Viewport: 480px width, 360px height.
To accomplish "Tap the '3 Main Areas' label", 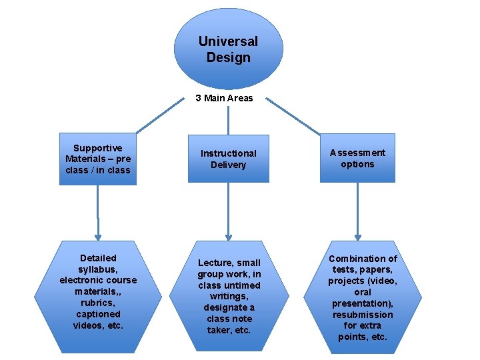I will (x=224, y=98).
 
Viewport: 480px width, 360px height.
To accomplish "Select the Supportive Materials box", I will (x=98, y=159).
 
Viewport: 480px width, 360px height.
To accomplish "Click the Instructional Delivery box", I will (x=228, y=159).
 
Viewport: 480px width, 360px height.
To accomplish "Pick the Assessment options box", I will (x=357, y=159).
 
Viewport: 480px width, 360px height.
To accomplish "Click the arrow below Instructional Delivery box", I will (x=229, y=211).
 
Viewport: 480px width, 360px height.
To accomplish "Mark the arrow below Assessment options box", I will (x=358, y=211).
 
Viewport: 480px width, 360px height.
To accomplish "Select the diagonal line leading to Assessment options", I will (x=293, y=116).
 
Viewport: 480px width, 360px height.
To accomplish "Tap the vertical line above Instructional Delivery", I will (x=229, y=120).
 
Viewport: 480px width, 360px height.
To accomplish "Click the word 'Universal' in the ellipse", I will (x=228, y=41).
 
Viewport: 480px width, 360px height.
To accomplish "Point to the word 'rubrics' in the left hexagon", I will (x=97, y=303).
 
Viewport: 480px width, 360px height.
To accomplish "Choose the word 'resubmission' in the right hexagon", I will (x=363, y=315).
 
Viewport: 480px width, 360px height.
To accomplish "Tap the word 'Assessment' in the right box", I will (x=357, y=153).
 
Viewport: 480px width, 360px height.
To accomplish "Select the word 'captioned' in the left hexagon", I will (x=98, y=314).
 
